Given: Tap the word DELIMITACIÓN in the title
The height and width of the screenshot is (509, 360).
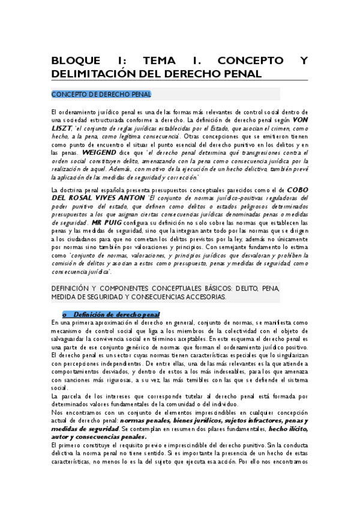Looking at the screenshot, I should (97, 74).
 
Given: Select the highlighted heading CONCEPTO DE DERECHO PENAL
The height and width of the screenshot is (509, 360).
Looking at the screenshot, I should (101, 94).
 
